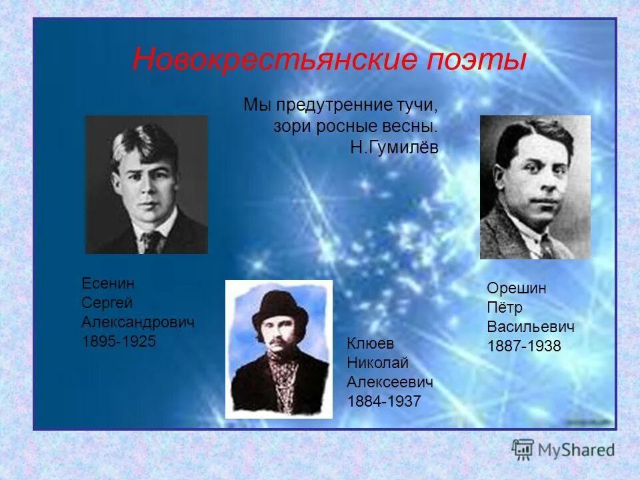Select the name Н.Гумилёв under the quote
[x=394, y=148]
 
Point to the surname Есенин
[x=108, y=283]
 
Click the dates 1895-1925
[x=119, y=341]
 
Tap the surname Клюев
[x=371, y=343]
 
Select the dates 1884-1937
[x=384, y=401]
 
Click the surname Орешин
[x=517, y=288]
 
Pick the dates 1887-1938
[x=524, y=346]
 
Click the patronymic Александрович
[x=138, y=322]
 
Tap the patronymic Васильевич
[x=531, y=327]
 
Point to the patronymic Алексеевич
[x=390, y=382]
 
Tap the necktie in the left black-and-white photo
[x=153, y=241]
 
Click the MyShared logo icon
[x=524, y=449]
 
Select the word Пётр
[x=505, y=307]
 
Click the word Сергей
[x=107, y=303]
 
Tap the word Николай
[x=377, y=363]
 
